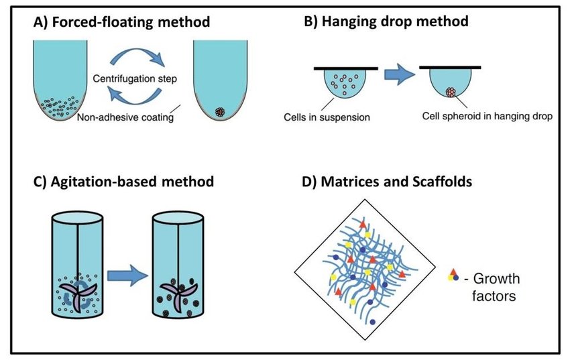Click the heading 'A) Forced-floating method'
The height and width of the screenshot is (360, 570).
[x=122, y=21]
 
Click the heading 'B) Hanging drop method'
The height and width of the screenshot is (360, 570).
[x=386, y=21]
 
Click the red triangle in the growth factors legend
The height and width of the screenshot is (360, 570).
[x=453, y=272]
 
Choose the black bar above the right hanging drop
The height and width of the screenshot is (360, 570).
[x=449, y=68]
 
